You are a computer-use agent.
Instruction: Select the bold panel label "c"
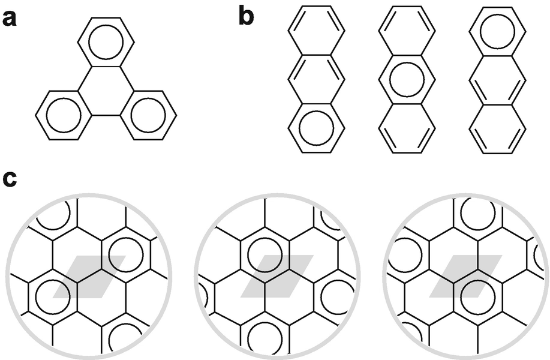coord(10,179)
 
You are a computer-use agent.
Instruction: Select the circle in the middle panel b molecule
coord(405,79)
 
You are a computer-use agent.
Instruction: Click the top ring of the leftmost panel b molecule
coord(316,31)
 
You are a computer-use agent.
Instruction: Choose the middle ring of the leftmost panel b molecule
coord(316,79)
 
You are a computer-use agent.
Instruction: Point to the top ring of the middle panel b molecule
coord(405,31)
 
